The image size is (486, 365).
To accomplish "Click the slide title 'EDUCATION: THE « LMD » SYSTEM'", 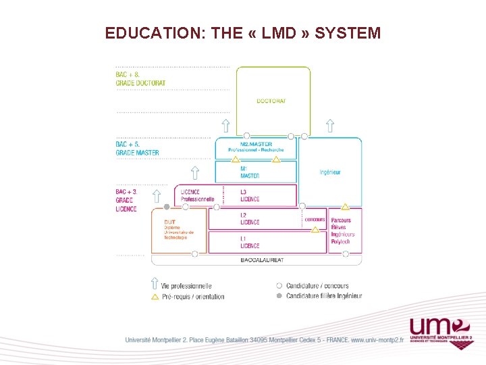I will pos(243,32).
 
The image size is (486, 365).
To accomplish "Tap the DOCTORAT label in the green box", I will pos(271,101).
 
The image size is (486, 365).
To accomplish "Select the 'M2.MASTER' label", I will pos(256,144).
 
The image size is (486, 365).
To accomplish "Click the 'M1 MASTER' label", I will pos(249,172).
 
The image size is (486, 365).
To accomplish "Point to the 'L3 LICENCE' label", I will pos(250,196).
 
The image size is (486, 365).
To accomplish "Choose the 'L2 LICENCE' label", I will pos(250,219).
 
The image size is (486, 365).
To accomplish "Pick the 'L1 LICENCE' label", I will pos(250,243).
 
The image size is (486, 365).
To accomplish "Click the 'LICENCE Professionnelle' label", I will pos(197,196).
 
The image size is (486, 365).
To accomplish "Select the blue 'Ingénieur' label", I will pos(330,172).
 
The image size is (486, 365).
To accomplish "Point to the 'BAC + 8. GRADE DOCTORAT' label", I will pos(140,78).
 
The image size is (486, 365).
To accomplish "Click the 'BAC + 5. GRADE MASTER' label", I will pos(137,149).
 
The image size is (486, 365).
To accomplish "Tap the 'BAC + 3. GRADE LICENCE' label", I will pos(126,200).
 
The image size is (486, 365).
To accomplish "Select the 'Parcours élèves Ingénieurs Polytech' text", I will pos(342,231).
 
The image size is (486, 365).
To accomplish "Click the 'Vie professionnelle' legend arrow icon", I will pos(155,285).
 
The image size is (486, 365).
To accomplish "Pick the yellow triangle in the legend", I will pos(155,296).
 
